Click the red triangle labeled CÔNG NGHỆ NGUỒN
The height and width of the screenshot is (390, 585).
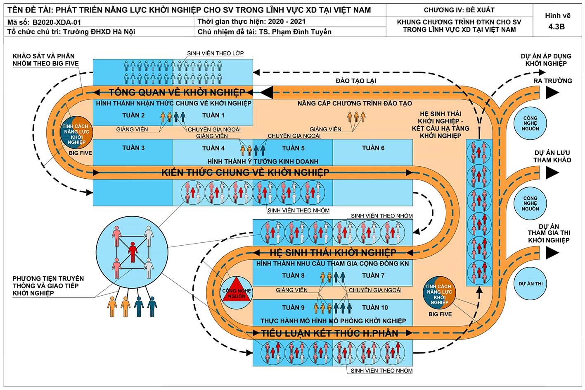click(236, 291)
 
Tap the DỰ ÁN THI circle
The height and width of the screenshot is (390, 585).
click(530, 284)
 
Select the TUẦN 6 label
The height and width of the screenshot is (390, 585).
click(373, 148)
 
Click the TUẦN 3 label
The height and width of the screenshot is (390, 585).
click(133, 148)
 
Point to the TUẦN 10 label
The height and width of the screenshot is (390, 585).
click(375, 308)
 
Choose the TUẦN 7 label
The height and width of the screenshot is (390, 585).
click(373, 275)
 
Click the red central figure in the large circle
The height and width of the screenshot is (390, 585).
click(133, 252)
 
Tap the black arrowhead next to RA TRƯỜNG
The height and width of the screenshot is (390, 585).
click(552, 93)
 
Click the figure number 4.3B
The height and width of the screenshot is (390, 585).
click(557, 27)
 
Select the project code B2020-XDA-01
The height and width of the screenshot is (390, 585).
click(57, 22)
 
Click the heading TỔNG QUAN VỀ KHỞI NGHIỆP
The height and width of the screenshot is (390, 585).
click(177, 92)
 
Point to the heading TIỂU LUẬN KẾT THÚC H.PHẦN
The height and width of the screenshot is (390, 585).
click(329, 333)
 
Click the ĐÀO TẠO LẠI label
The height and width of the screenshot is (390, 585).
click(356, 81)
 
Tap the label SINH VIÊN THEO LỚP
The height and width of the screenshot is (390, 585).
click(215, 53)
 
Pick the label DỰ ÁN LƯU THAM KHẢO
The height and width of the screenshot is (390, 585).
click(552, 156)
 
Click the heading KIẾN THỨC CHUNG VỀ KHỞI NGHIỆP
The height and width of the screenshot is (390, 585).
click(245, 172)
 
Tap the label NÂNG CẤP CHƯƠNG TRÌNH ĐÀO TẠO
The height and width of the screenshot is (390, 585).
click(355, 103)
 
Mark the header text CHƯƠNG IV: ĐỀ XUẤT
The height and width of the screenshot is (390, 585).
click(459, 10)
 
